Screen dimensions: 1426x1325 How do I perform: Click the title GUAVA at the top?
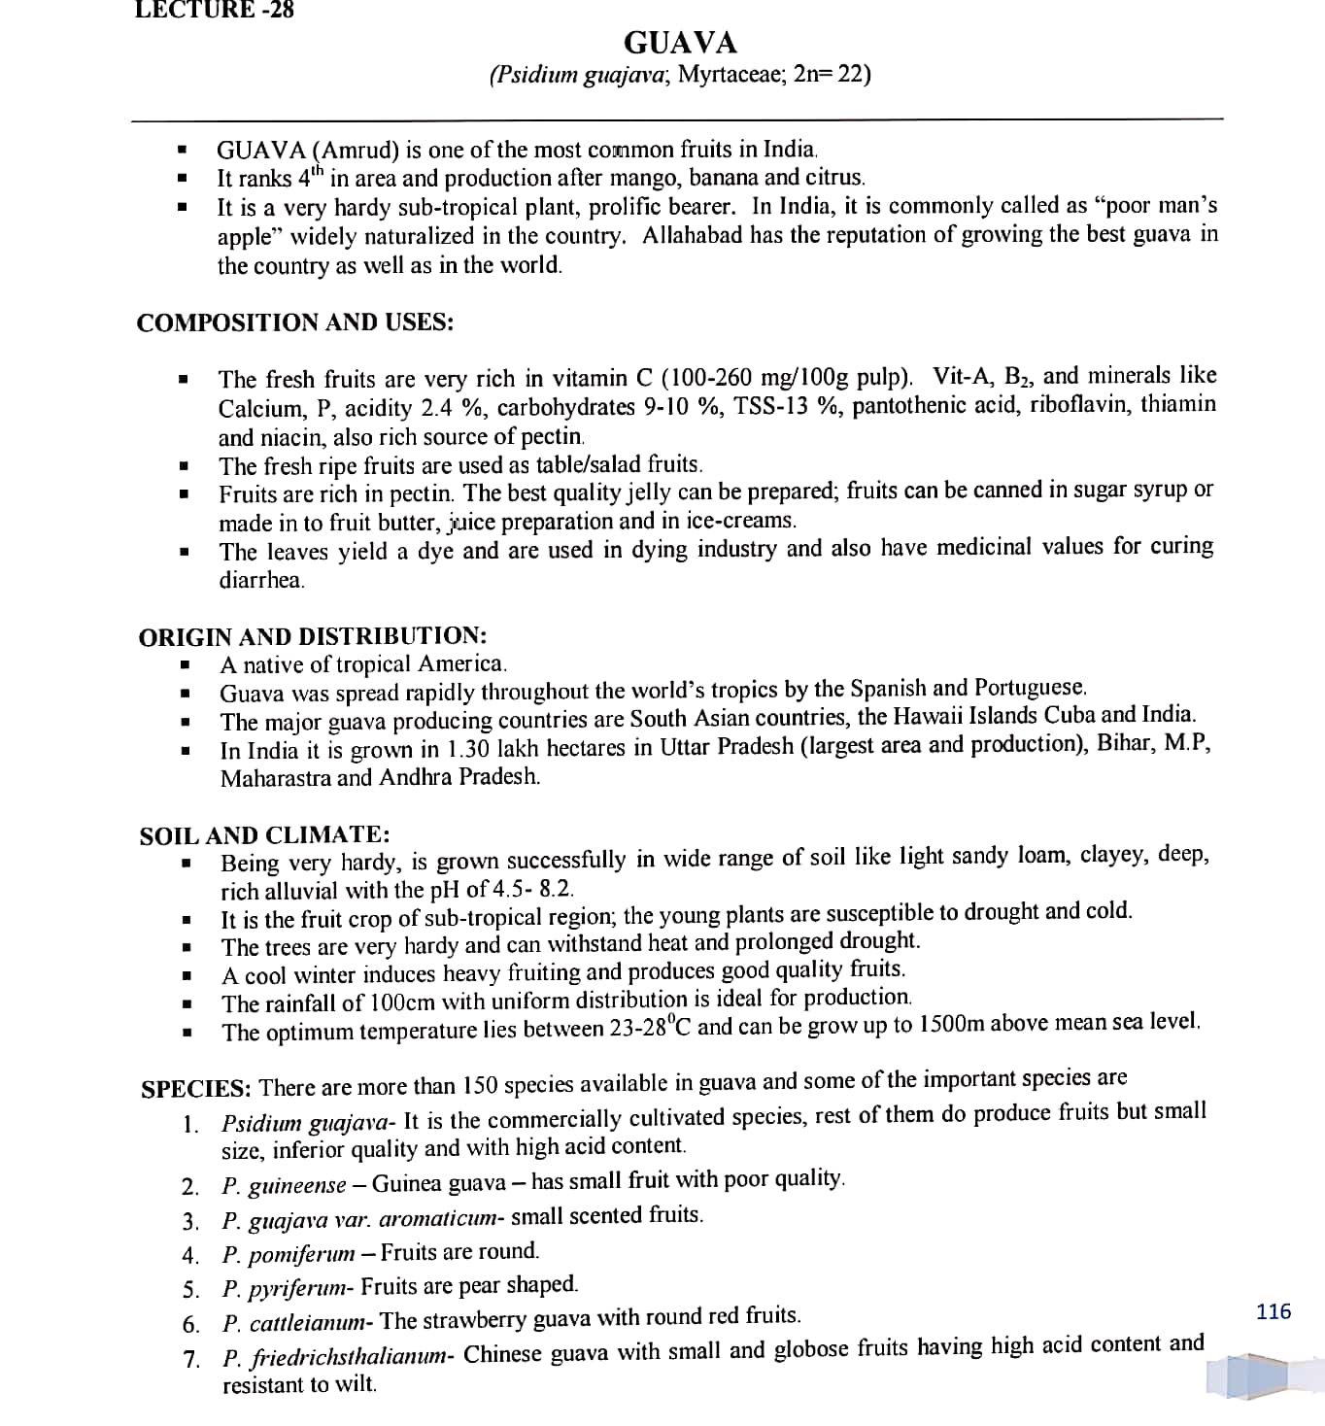pos(680,43)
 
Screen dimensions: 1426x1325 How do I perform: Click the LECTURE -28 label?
pos(214,10)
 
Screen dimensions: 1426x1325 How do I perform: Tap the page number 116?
pos(1273,1311)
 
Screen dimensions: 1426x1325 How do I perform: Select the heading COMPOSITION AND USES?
pos(294,323)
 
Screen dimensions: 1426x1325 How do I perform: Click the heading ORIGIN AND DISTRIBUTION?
pos(312,637)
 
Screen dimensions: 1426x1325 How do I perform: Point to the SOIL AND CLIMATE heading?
pos(264,835)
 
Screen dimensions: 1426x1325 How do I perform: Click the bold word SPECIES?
pos(196,1088)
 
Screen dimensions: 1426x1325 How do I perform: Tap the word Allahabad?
pos(693,235)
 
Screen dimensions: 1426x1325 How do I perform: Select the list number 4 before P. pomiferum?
pos(189,1255)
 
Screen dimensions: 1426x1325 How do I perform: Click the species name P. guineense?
pos(284,1185)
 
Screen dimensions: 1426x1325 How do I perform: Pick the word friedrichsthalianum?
pos(349,1356)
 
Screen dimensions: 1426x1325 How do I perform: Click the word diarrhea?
pos(261,581)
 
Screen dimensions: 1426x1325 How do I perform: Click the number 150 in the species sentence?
pos(481,1084)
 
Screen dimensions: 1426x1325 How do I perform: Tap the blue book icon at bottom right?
pos(1248,1374)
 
